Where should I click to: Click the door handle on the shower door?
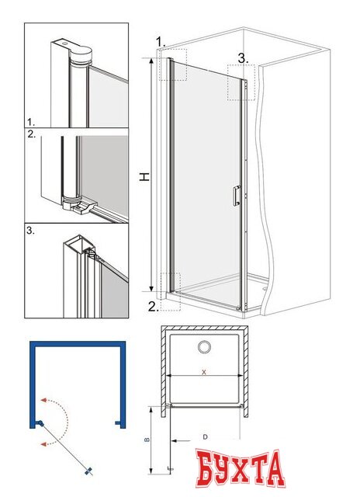pyautogui.click(x=237, y=196)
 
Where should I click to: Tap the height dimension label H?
pyautogui.click(x=144, y=177)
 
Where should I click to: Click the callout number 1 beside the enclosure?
pyautogui.click(x=161, y=41)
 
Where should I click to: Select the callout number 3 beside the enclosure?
pyautogui.click(x=243, y=58)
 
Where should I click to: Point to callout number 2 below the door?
pyautogui.click(x=154, y=307)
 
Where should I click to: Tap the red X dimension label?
pyautogui.click(x=204, y=372)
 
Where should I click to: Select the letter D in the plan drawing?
pyautogui.click(x=205, y=437)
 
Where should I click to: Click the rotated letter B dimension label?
pyautogui.click(x=147, y=440)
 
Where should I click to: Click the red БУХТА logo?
pyautogui.click(x=240, y=469)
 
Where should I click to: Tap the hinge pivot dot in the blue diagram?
pyautogui.click(x=40, y=422)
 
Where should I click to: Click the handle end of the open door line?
pyautogui.click(x=89, y=471)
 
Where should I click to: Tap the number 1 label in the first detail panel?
pyautogui.click(x=31, y=122)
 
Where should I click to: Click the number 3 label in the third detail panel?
pyautogui.click(x=30, y=231)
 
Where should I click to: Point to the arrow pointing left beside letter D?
pyautogui.click(x=181, y=440)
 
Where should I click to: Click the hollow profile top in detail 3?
pyautogui.click(x=78, y=243)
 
